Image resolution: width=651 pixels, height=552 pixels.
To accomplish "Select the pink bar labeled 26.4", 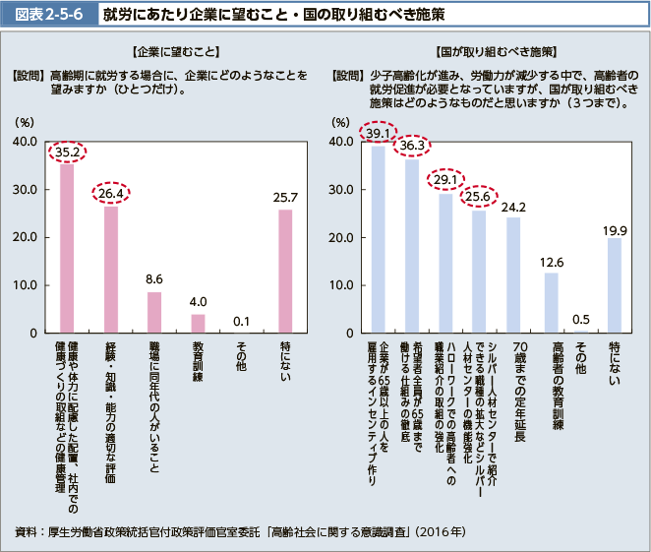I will pos(111,270).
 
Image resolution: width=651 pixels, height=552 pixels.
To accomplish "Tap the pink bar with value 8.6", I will pos(154,312).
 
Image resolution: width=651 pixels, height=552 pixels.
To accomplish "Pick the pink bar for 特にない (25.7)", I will pos(285,272).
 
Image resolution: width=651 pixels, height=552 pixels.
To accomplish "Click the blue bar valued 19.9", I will pos(615,285).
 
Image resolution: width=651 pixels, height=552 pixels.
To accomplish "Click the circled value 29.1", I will pos(445,179).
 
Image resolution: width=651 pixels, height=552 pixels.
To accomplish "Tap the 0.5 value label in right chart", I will pos(581,319).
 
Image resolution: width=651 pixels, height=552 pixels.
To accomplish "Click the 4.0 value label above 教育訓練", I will pos(198,301).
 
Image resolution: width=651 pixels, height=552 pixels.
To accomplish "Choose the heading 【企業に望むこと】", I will pos(167,50).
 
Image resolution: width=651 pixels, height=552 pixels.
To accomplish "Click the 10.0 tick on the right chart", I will pos(341,285).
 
